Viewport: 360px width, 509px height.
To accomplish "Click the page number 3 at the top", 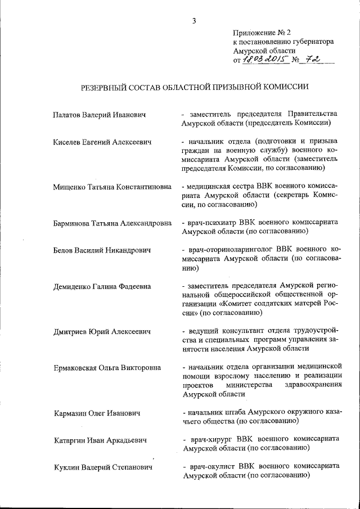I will click(193, 21).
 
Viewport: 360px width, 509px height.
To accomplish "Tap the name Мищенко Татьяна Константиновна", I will click(112, 186).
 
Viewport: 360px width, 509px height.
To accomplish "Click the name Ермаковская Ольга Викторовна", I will click(107, 368).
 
